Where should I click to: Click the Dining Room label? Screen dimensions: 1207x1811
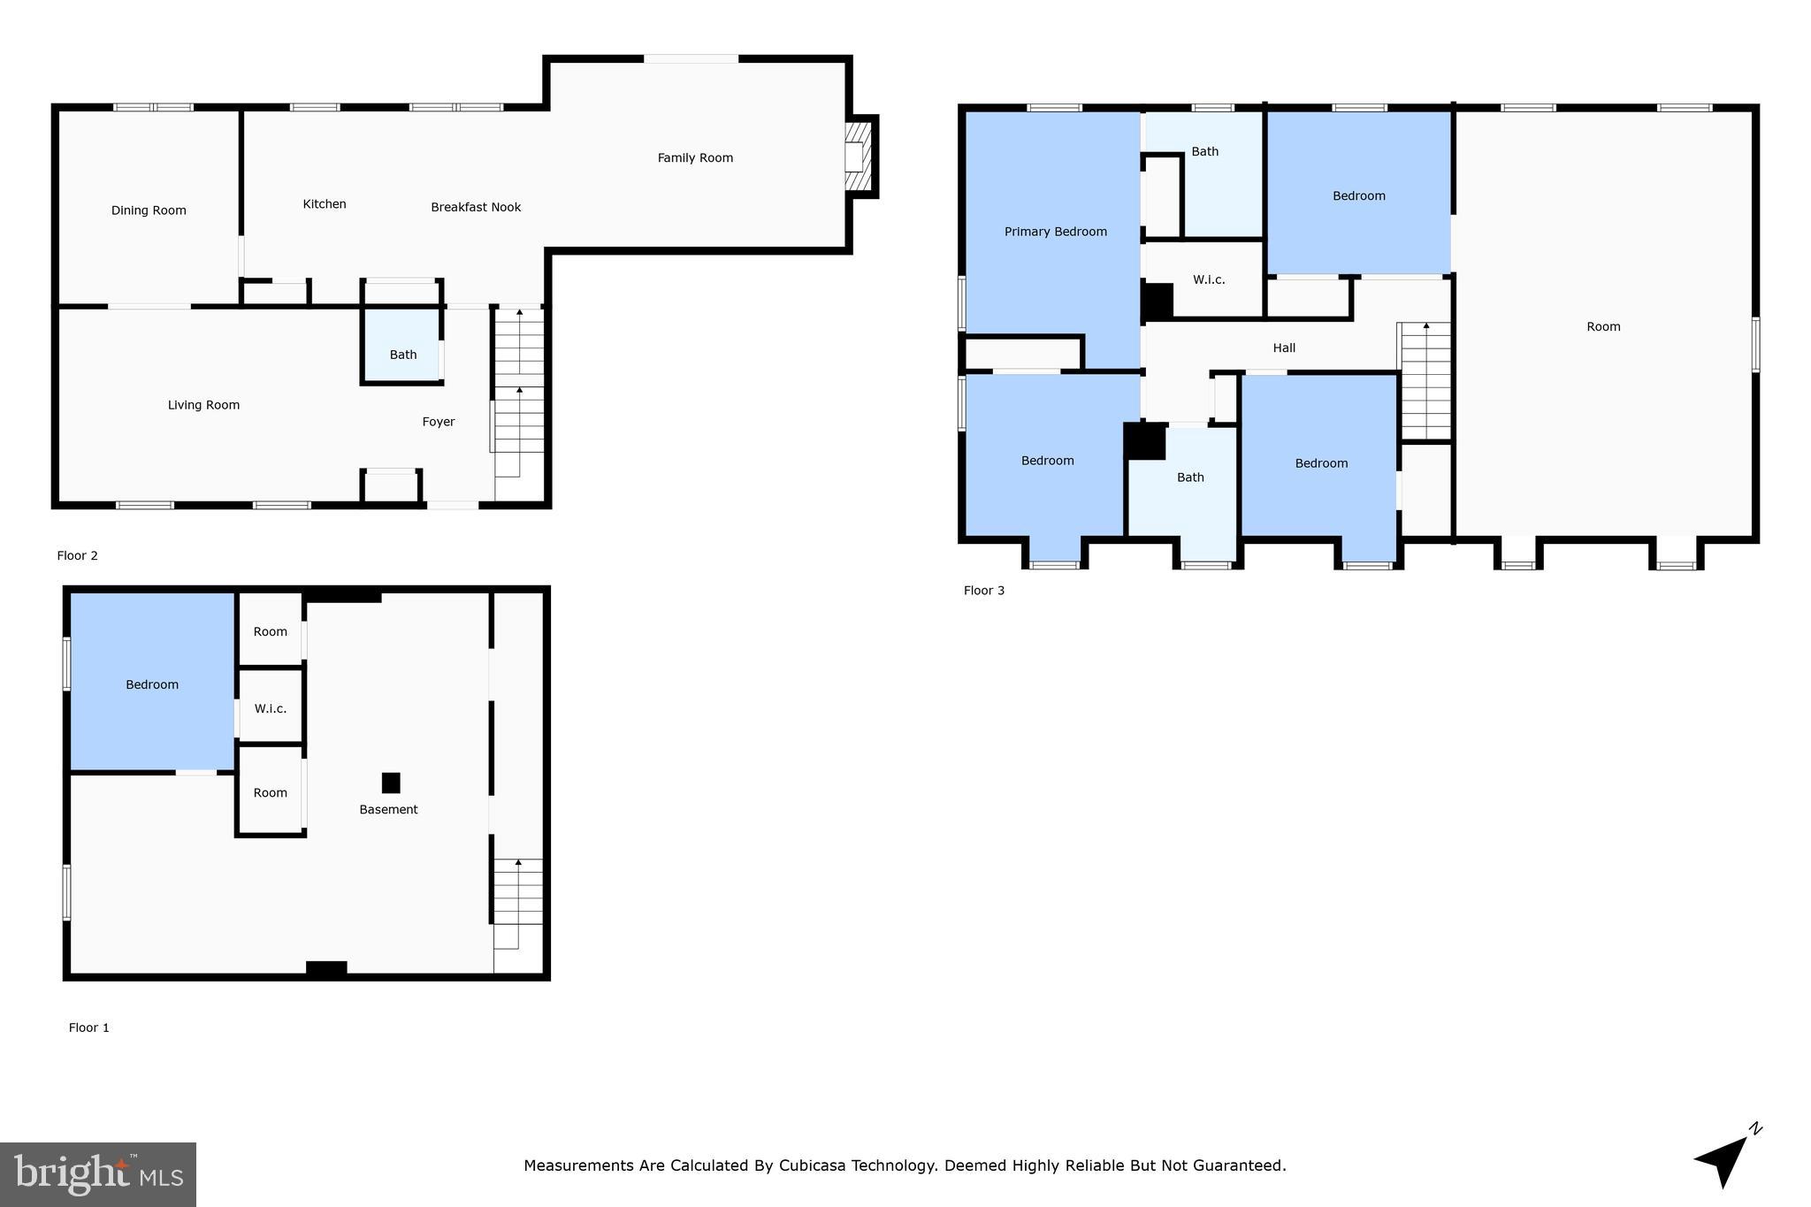149,210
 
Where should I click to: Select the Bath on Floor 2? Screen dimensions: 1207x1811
402,354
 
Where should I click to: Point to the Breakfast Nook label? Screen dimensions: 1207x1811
476,207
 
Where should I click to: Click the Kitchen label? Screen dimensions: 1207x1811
325,204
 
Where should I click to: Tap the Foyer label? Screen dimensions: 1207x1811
438,422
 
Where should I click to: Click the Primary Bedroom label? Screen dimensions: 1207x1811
1055,232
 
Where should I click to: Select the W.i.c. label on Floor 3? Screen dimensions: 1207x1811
1208,279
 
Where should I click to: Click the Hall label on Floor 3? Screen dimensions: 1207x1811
1284,348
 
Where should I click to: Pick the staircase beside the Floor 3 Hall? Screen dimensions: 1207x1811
1425,380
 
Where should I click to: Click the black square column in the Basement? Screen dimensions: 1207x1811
391,783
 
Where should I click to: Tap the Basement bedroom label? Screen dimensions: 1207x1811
152,684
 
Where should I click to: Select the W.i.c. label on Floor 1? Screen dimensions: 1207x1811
270,708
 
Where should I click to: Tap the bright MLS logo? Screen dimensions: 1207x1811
98,1174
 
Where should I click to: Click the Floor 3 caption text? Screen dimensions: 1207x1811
983,591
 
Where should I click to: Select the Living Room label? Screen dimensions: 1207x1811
203,405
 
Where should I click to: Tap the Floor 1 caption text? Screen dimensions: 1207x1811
88,1027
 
